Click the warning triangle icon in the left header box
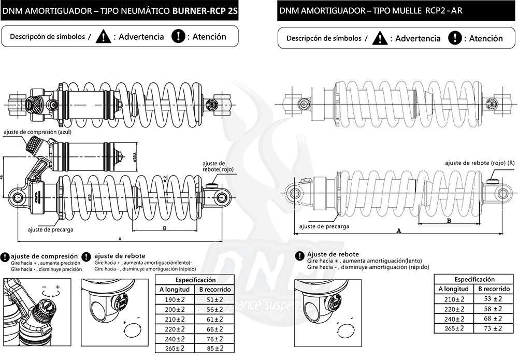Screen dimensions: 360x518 [105, 37]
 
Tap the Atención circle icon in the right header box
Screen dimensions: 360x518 [454, 38]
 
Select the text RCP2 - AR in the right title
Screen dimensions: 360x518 [444, 10]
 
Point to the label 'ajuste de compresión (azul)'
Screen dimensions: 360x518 [36, 132]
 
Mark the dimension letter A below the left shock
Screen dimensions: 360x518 [120, 239]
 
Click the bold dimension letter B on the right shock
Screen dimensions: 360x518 [449, 220]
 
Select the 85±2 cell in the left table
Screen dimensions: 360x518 [213, 348]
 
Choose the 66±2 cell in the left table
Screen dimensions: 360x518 [213, 328]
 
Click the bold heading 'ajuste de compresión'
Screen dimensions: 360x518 [45, 256]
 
